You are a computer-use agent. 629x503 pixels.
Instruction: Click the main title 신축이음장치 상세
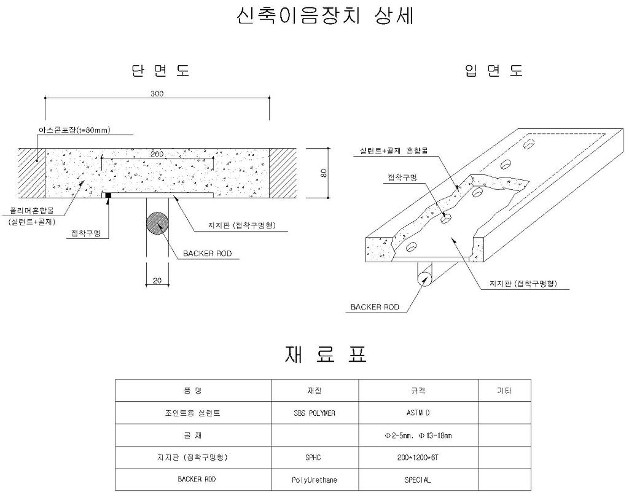(x=325, y=17)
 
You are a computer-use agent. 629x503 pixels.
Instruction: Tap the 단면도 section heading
(x=160, y=71)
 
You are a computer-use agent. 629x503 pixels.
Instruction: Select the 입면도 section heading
(x=494, y=71)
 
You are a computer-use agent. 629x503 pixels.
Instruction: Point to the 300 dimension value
(x=157, y=93)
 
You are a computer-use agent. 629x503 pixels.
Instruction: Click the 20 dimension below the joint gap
(x=157, y=281)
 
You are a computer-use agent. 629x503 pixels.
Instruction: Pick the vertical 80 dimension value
(x=324, y=173)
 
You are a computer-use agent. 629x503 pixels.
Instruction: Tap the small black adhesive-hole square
(x=108, y=195)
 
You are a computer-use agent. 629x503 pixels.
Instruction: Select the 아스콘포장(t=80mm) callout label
(x=74, y=130)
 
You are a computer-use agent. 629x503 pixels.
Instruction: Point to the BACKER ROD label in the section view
(x=208, y=254)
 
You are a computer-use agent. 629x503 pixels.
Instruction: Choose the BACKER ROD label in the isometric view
(x=375, y=307)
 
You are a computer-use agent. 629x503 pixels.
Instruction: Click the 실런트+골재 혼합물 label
(x=393, y=151)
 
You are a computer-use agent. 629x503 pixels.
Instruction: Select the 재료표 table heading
(x=326, y=354)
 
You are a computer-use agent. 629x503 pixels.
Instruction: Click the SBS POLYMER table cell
(x=314, y=413)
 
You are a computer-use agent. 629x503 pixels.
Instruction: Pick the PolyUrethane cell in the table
(x=314, y=480)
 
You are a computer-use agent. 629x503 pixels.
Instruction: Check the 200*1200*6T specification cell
(x=418, y=458)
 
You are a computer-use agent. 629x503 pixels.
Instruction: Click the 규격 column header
(x=418, y=390)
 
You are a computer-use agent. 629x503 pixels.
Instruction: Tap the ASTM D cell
(x=418, y=413)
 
